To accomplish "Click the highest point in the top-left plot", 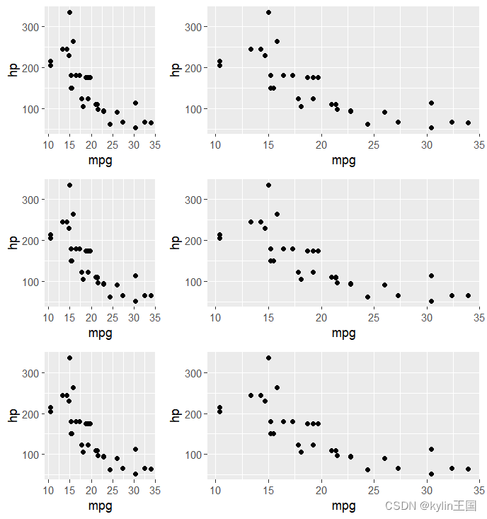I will tap(69, 13).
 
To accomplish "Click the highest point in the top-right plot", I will tap(268, 13).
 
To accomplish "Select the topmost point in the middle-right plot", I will tap(268, 186).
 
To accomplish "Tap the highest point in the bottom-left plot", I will tap(69, 358).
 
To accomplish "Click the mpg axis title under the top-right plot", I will tap(343, 161).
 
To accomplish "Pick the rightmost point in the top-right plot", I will tap(468, 122).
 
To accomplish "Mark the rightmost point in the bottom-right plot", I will tap(468, 469).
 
